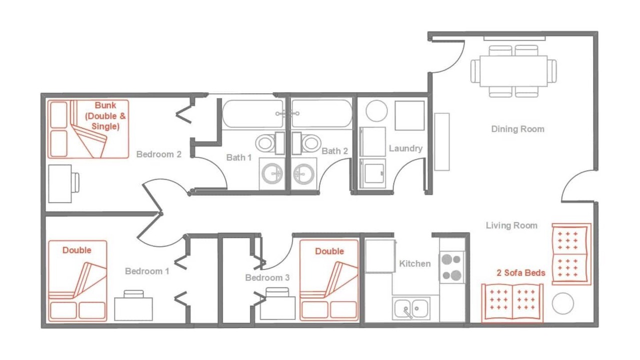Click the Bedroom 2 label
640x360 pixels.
point(159,154)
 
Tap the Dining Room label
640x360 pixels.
point(517,129)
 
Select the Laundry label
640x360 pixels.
point(405,148)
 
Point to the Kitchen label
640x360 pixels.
point(415,263)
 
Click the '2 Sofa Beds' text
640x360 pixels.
point(521,273)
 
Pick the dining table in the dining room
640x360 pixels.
point(513,71)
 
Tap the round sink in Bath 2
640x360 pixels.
point(303,173)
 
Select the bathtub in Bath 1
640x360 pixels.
point(253,113)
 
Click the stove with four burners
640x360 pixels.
point(451,267)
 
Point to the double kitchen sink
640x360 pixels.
point(411,308)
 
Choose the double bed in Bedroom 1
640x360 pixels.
point(77,281)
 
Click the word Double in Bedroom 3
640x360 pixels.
point(329,251)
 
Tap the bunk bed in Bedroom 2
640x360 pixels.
point(88,129)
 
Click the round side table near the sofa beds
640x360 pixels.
point(562,303)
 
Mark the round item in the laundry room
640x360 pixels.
point(376,110)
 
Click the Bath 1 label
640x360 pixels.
point(239,157)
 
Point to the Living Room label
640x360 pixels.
point(511,225)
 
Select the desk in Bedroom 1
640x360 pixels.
point(133,309)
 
